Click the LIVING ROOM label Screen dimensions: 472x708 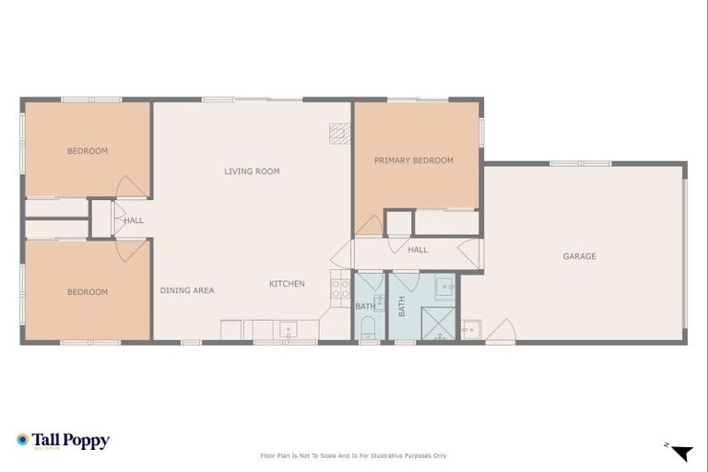[x=252, y=171]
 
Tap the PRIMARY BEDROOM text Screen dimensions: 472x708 [x=413, y=160]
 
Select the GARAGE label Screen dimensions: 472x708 [x=579, y=256]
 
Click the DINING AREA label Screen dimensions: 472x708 [x=187, y=290]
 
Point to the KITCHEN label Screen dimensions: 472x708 [x=287, y=284]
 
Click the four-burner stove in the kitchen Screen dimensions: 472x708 [x=340, y=288]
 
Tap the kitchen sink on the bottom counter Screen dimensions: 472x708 [x=287, y=328]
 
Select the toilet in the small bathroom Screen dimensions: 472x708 [x=368, y=326]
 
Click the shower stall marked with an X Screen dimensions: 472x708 [x=438, y=324]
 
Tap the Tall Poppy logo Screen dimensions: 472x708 [x=63, y=441]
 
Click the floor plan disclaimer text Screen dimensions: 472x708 [x=354, y=455]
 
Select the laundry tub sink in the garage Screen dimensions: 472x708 [x=471, y=329]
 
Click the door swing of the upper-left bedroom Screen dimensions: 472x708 [x=132, y=186]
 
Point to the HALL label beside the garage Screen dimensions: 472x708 [x=418, y=250]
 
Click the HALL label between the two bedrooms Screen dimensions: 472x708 [x=135, y=220]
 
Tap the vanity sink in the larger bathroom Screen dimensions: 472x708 [x=444, y=288]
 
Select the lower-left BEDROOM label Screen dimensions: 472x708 [x=88, y=292]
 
